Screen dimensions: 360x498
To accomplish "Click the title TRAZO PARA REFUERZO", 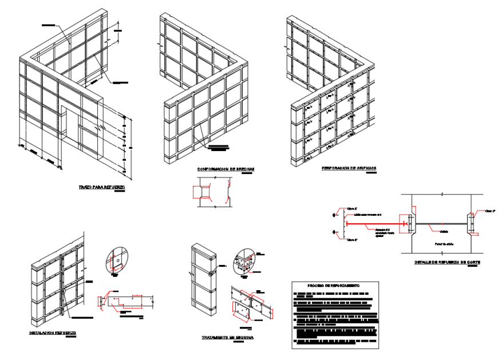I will point(102,187).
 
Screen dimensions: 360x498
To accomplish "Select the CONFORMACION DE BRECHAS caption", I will point(226,169).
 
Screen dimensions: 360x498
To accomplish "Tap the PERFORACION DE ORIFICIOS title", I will point(349,168).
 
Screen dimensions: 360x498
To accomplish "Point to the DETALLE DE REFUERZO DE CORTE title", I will point(448,263).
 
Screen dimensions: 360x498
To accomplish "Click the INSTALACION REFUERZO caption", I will point(53,332).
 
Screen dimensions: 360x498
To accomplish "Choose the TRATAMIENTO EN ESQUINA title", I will point(228,338).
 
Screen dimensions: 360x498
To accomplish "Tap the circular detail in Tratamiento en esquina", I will point(244,261).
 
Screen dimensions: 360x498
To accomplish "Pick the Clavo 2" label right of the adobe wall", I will point(490,211).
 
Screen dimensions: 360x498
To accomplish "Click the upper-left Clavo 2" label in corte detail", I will point(352,208).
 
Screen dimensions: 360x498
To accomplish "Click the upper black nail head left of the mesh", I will point(334,215).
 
